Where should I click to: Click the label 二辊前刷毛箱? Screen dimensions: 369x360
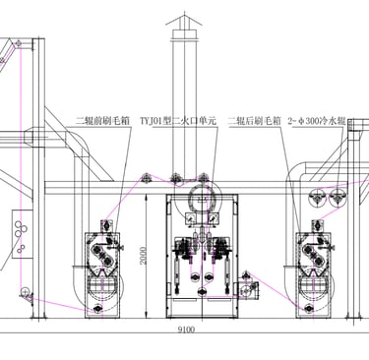(102, 121)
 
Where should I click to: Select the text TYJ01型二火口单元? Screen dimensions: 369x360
(178, 121)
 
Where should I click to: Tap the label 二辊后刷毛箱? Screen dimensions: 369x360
(255, 121)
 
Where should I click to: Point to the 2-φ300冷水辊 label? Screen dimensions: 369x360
(317, 121)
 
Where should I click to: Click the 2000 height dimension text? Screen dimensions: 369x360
(143, 256)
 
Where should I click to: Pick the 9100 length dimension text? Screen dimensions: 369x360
(186, 330)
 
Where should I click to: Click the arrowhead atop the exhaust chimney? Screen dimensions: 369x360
(184, 19)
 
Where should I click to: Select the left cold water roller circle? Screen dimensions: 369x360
(317, 198)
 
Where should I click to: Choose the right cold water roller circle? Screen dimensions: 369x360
(338, 198)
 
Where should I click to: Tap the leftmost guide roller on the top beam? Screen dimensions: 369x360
(146, 178)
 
